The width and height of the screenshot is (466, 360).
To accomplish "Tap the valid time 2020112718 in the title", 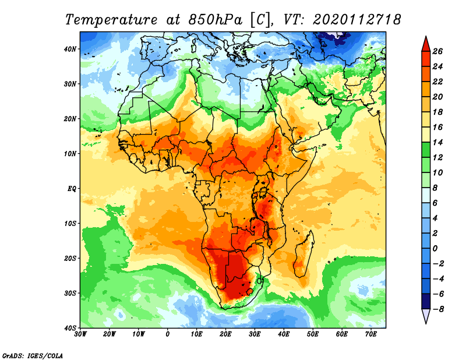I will pos(356,19).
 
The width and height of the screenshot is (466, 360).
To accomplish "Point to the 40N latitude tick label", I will pos(70,49).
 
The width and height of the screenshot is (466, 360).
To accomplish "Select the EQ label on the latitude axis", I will pos(72,188).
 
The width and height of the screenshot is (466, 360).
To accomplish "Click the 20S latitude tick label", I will pos(70,258).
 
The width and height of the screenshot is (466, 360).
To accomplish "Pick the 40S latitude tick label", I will pos(70,327).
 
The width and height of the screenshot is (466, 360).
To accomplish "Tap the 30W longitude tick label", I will pos(80,334).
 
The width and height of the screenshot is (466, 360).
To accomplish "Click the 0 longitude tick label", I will pos(168,334).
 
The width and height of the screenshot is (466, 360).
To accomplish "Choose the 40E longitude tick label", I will pos(284,334).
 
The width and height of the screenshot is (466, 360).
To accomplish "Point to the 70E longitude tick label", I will pos(371,334).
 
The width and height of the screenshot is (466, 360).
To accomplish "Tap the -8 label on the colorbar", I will pos(439,309).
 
